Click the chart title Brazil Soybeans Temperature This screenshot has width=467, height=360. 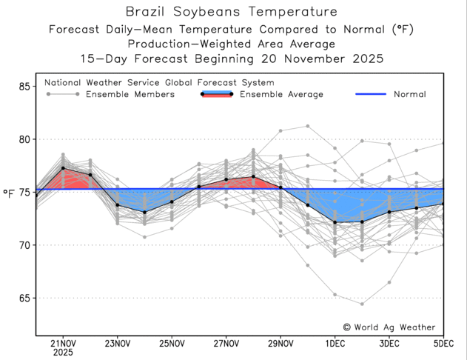click(x=232, y=12)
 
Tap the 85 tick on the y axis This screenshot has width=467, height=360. click(x=23, y=87)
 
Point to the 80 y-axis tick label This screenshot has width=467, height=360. click(x=23, y=139)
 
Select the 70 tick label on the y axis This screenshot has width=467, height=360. click(x=23, y=245)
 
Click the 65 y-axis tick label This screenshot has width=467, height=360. click(x=23, y=298)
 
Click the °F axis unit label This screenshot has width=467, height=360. click(x=9, y=193)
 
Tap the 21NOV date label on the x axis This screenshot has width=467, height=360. click(x=63, y=343)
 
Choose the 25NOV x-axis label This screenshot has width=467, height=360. click(x=172, y=343)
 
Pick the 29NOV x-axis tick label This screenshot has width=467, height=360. click(x=280, y=343)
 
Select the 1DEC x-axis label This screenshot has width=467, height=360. click(x=335, y=343)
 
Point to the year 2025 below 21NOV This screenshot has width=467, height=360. click(x=63, y=353)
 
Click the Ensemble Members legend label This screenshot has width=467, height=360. click(x=130, y=94)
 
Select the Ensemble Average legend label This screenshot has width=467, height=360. click(x=281, y=94)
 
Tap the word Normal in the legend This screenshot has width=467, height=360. click(x=409, y=94)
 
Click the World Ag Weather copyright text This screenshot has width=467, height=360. click(x=389, y=327)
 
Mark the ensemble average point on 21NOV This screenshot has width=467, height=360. click(x=63, y=168)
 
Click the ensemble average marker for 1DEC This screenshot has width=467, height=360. click(x=335, y=222)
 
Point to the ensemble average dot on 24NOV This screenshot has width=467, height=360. click(x=144, y=212)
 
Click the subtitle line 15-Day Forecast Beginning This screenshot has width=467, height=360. click(x=232, y=59)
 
